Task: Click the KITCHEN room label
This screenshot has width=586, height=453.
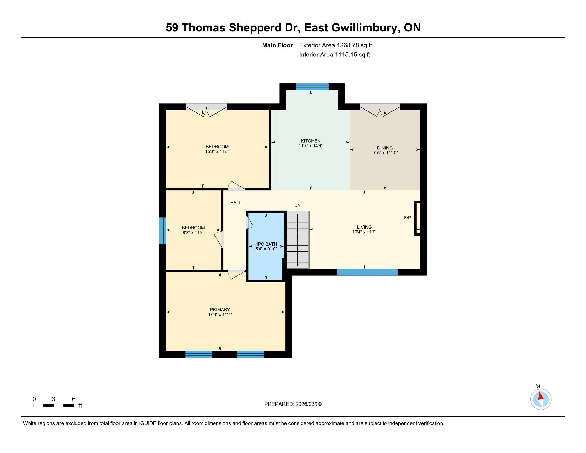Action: pos(310,141)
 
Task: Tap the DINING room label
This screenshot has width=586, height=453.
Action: pos(385,148)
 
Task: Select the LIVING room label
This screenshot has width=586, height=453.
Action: pos(364,227)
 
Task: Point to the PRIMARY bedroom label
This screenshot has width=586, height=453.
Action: pos(220,310)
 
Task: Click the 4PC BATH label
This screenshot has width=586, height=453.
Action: pos(266,244)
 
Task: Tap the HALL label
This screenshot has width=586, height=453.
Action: pos(236,203)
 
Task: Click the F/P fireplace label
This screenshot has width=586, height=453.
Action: pos(408,218)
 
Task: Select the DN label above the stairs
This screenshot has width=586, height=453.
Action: pos(297,205)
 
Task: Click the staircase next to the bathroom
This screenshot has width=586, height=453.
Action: pos(298,240)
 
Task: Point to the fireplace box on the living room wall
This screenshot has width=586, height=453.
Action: pos(417,218)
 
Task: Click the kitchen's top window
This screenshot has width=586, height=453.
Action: pos(312,87)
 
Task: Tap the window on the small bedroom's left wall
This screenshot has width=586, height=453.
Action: pos(162,231)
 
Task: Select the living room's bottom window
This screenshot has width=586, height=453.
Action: pos(367,272)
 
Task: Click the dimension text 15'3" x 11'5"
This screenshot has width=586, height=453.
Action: pos(217,152)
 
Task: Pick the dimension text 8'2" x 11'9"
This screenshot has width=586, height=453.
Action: pos(193,233)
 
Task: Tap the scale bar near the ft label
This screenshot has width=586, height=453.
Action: pos(53,406)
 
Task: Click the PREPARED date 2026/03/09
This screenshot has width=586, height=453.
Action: pos(308,404)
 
